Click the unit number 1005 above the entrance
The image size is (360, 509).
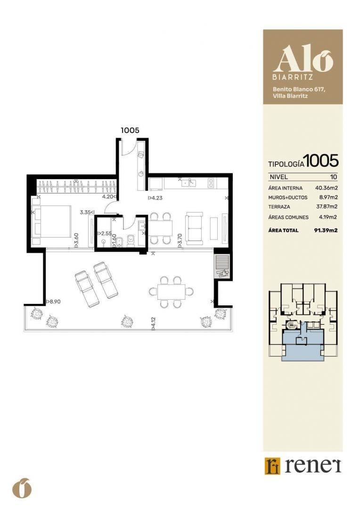(x=130, y=130)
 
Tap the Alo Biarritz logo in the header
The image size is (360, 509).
(x=303, y=62)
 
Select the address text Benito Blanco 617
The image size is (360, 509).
(x=299, y=89)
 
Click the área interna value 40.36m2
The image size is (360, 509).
(x=326, y=188)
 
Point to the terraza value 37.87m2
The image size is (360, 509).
(x=327, y=206)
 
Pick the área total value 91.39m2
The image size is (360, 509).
(x=326, y=230)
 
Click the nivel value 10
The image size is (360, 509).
(x=334, y=177)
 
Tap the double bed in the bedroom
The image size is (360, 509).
(x=52, y=221)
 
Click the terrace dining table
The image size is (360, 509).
(x=171, y=292)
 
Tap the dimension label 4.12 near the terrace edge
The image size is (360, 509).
(x=153, y=324)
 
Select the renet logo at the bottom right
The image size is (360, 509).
(x=303, y=466)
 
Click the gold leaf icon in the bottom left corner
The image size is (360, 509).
(x=22, y=488)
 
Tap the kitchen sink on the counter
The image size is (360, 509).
(x=188, y=183)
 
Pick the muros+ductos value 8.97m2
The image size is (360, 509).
(x=328, y=197)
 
